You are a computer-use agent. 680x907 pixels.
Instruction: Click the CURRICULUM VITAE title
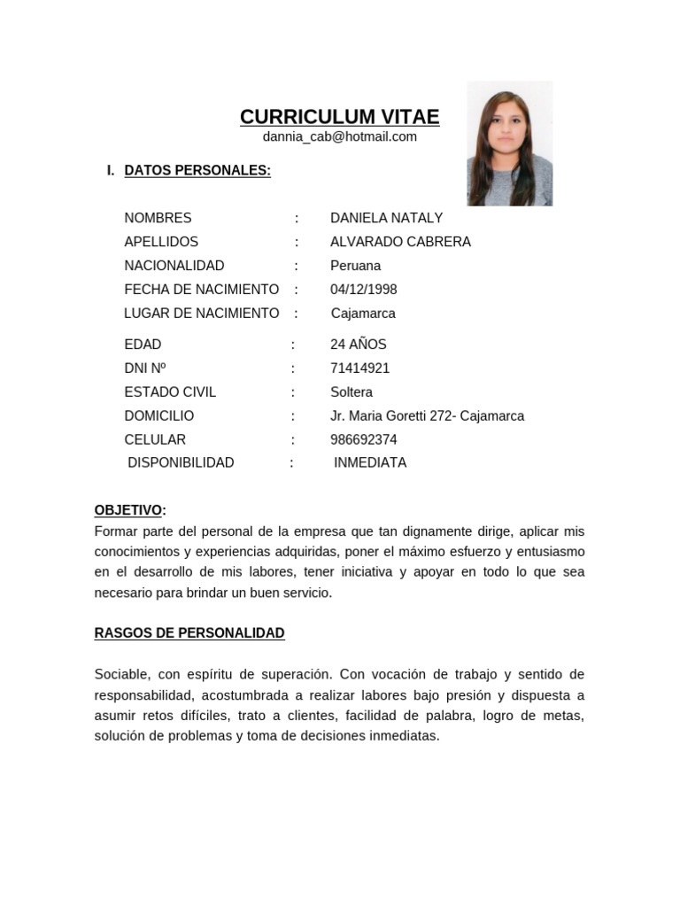339,117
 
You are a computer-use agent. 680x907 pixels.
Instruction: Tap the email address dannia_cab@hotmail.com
339,136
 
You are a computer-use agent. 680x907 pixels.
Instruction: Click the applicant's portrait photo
509,143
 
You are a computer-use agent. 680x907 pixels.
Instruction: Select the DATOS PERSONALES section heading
197,170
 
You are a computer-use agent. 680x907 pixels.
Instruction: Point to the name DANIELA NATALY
386,218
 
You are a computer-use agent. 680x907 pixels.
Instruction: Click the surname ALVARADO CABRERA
400,242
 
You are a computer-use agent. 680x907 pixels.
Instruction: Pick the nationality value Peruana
355,266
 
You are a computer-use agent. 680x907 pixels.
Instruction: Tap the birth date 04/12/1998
363,290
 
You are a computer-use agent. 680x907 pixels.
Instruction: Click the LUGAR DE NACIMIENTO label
201,314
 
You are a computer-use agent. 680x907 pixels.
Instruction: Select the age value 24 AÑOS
358,345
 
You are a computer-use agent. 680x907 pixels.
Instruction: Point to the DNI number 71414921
359,368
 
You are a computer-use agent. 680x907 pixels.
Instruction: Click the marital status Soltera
351,392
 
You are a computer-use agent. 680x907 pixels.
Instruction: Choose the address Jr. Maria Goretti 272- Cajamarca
427,416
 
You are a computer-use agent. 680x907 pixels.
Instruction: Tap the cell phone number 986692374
363,440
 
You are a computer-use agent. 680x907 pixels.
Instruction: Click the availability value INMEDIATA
370,463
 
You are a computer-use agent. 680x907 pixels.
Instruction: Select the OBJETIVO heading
129,510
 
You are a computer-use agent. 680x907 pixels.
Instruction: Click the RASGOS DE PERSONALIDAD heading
189,633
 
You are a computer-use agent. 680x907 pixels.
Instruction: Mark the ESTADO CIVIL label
170,392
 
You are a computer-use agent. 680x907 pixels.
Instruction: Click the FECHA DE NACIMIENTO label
201,290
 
